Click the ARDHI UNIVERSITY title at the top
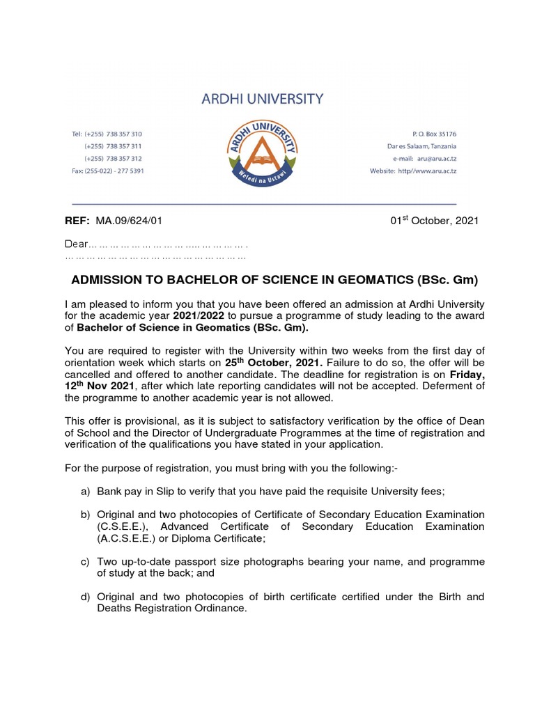pos(262,99)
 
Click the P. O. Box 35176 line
pos(428,134)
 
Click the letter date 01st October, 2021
pos(434,221)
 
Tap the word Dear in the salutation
pos(76,244)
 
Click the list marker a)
pos(86,492)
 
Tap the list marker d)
pos(86,597)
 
